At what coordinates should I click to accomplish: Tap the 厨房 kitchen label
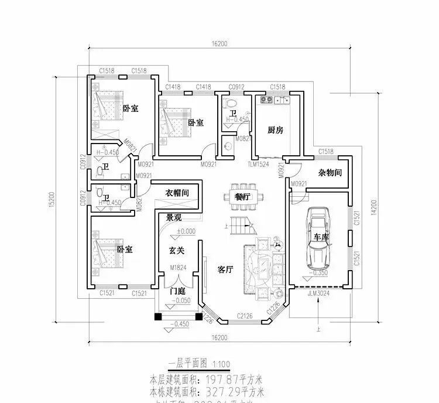pos(275,130)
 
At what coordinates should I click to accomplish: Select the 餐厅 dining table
pos(242,197)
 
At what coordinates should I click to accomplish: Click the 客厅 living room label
pos(225,270)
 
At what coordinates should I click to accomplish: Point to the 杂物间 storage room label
pos(330,173)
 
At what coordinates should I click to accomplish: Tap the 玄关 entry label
pos(177,250)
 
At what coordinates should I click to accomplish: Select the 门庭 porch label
pos(177,291)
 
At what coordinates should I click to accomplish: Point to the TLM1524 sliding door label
pos(258,165)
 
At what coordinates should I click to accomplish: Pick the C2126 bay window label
pos(245,317)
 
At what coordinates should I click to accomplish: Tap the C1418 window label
pos(173,87)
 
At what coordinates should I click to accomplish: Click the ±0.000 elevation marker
pos(187,231)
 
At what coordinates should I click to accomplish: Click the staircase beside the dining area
pos(241,223)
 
